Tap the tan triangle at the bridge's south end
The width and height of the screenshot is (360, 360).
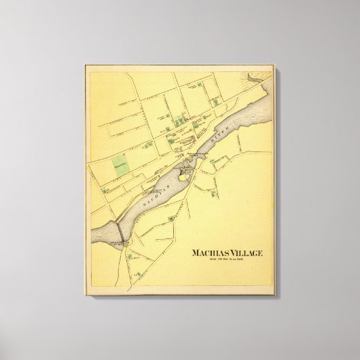pyautogui.click(x=121, y=244)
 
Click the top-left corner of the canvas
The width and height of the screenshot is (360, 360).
pyautogui.click(x=86, y=65)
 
